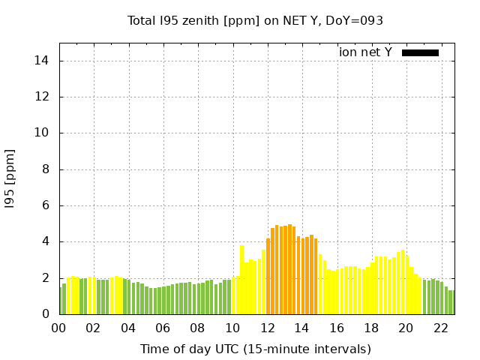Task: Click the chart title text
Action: pos(255,20)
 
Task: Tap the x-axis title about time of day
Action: pos(255,349)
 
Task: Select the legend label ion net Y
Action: pos(365,52)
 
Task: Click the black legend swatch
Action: pos(420,52)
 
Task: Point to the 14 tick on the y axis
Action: pos(43,61)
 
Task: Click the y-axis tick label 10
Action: pos(43,133)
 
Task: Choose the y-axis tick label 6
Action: pos(46,205)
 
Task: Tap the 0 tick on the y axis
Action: pos(46,314)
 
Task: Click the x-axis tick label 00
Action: pos(58,328)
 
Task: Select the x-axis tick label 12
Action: pos(268,328)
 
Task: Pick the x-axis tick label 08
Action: pos(198,328)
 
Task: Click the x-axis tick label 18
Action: pos(372,328)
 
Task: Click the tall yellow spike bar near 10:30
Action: pos(241,280)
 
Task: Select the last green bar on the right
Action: pos(452,302)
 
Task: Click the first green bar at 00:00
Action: pos(60,301)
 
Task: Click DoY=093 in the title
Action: pos(357,20)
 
